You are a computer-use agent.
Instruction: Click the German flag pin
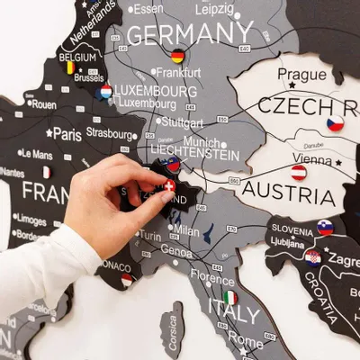pos(178,56)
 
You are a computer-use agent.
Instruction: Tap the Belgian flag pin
pos(69,67)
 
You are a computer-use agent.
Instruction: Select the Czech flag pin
pos(335,123)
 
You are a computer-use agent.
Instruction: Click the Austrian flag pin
pos(299,172)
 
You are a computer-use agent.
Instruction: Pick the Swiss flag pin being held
pos(168,185)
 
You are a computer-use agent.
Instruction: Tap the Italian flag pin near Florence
pos(231,297)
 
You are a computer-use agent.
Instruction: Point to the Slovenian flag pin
pos(325,228)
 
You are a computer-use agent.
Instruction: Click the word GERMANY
pos(190,34)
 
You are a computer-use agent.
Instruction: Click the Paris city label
pos(67,133)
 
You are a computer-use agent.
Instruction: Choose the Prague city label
pos(301,74)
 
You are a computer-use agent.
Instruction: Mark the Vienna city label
pos(311,158)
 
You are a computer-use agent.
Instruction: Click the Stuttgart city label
pos(183,121)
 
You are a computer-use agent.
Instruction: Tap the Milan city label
pos(186,229)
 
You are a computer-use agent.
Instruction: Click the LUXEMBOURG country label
pos(156,91)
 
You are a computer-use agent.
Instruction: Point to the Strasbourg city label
pos(110,133)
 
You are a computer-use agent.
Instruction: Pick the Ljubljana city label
pos(287,243)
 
